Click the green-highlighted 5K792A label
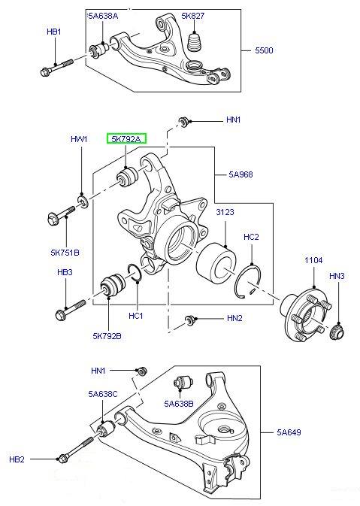[x=126, y=139]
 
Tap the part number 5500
[x=264, y=50]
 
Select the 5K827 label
[x=193, y=16]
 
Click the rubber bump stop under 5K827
[x=195, y=42]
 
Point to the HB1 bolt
[x=57, y=67]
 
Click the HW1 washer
[x=83, y=201]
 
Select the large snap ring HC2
[x=248, y=281]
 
